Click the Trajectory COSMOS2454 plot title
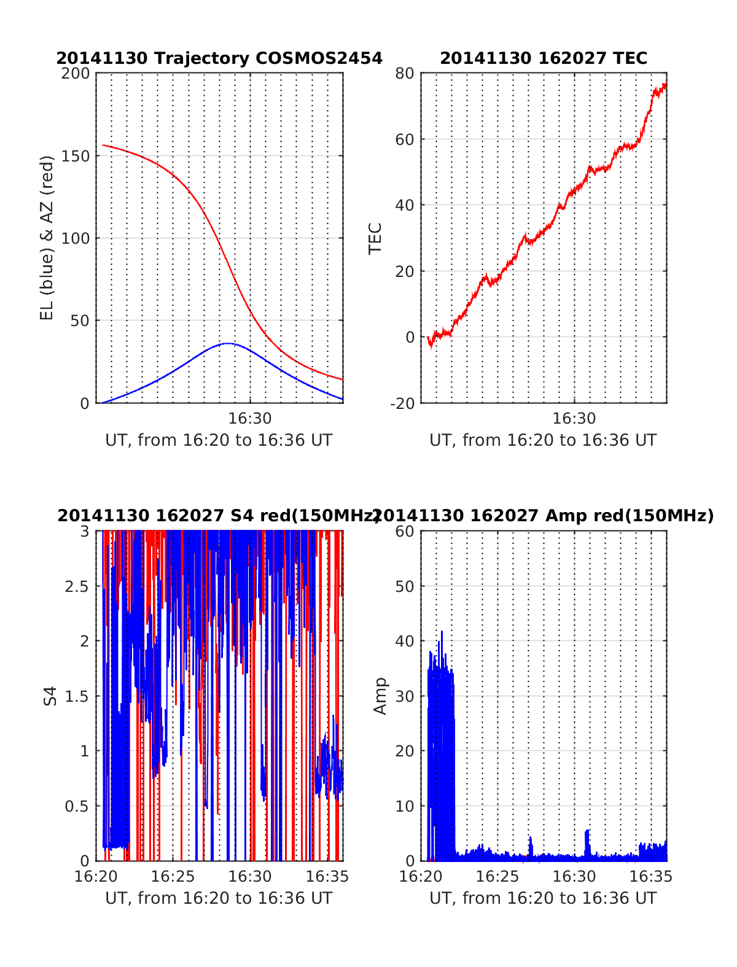[x=219, y=58]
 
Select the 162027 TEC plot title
[x=544, y=58]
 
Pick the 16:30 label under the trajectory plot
[x=250, y=419]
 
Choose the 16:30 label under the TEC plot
[x=574, y=419]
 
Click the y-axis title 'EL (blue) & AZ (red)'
[x=47, y=238]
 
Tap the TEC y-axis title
[x=375, y=238]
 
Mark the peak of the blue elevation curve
[x=228, y=343]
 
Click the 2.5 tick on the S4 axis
[x=77, y=586]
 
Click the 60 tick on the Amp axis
[x=405, y=532]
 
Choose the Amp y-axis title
[x=381, y=696]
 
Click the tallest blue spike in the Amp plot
[x=441, y=632]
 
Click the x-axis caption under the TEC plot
[x=543, y=440]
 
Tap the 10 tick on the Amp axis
[x=405, y=806]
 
